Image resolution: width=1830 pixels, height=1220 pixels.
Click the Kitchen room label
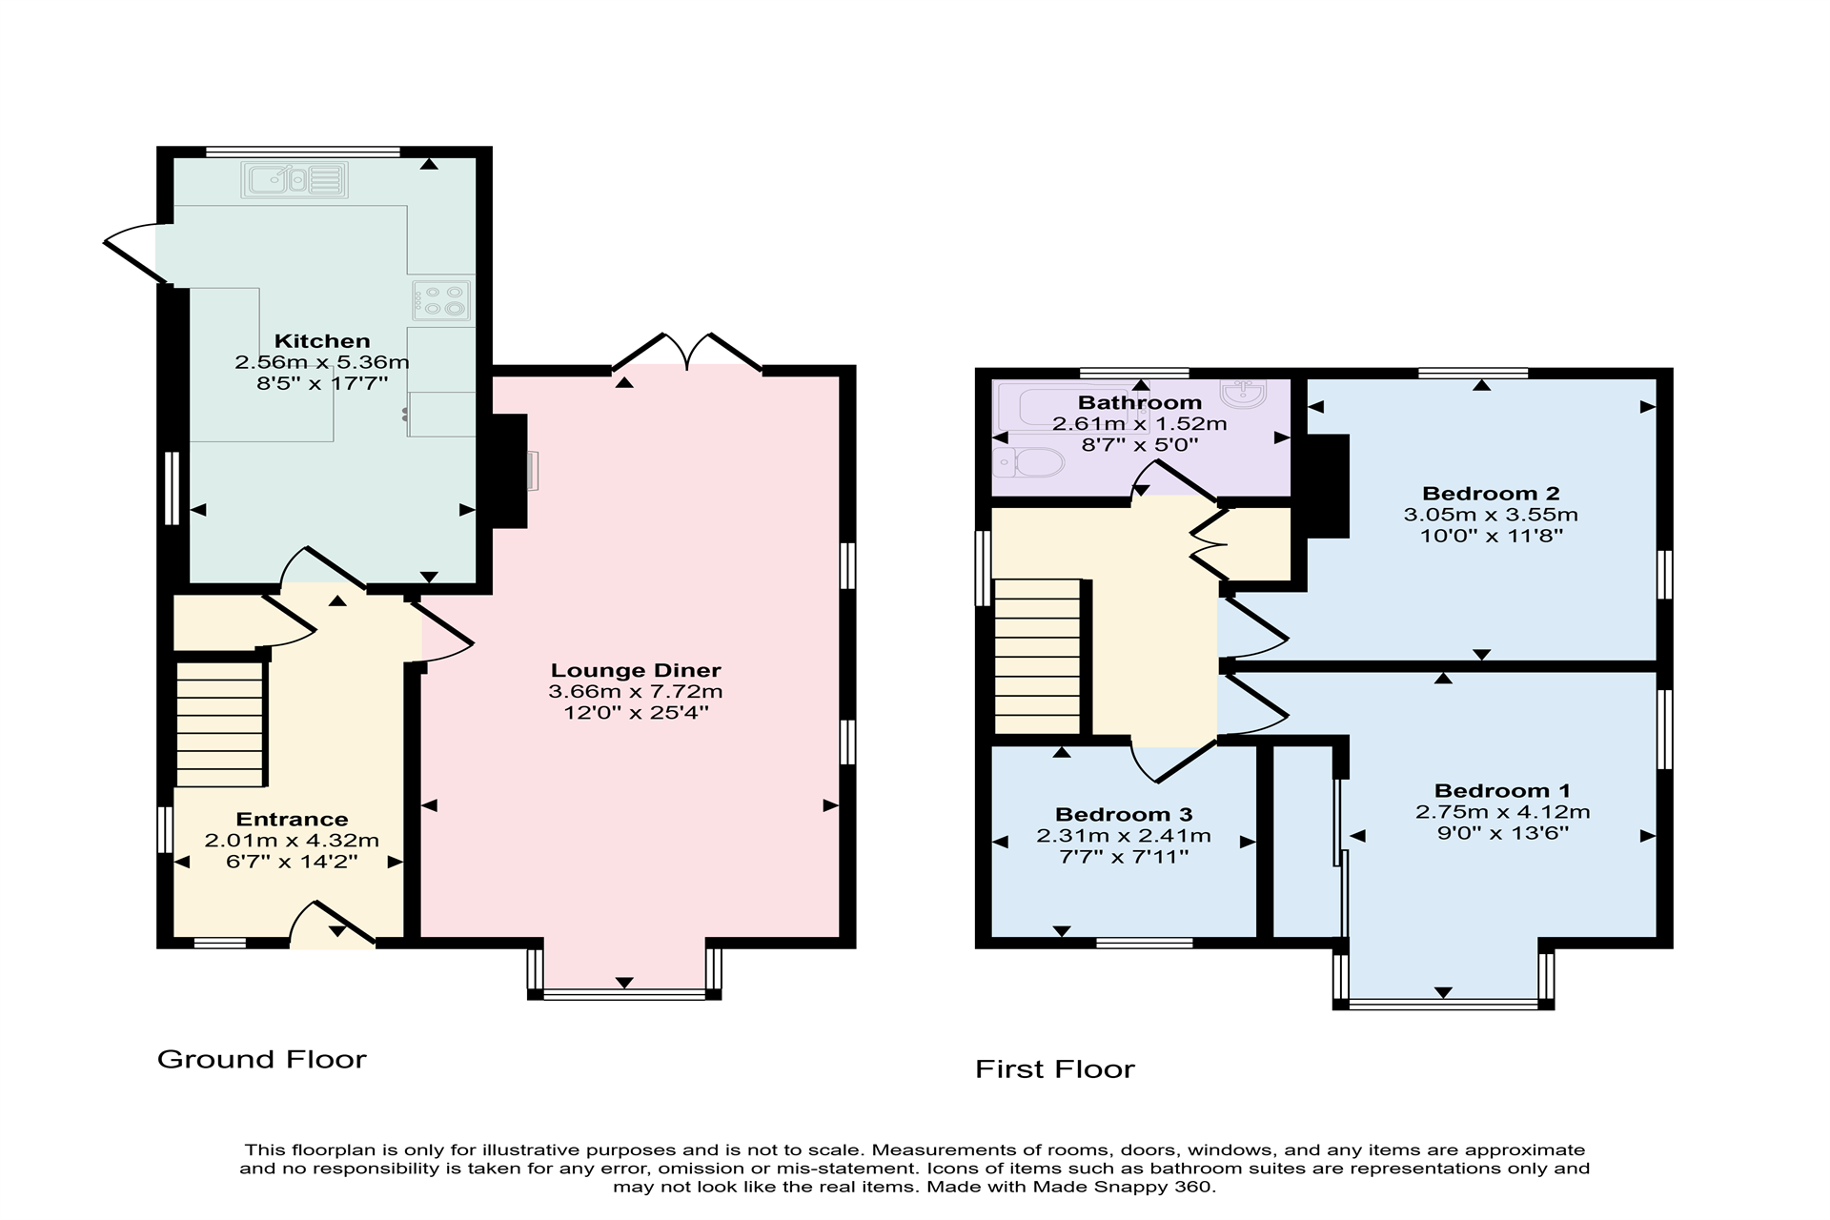tap(322, 341)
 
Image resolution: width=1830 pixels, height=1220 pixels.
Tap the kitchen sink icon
tap(295, 179)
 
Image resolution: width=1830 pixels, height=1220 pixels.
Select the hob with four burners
tap(442, 299)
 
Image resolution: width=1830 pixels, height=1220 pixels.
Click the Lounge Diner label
tap(636, 670)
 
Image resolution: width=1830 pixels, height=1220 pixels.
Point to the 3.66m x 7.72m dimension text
tap(636, 692)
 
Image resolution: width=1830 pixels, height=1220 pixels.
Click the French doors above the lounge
tap(687, 352)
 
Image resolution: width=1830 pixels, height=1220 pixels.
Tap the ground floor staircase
tap(220, 724)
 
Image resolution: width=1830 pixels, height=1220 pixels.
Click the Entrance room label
tap(292, 819)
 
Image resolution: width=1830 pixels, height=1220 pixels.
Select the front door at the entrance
tap(333, 925)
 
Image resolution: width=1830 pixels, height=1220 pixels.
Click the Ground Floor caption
tap(262, 1059)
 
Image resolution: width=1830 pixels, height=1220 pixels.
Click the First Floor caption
tap(1055, 1069)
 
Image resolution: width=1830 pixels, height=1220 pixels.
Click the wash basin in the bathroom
tap(1243, 393)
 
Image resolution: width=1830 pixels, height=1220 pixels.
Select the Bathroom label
tap(1140, 402)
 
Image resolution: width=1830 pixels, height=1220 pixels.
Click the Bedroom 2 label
tap(1491, 493)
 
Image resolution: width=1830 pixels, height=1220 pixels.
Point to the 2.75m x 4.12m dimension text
tap(1503, 812)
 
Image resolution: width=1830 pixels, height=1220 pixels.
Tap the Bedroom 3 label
tap(1124, 814)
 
